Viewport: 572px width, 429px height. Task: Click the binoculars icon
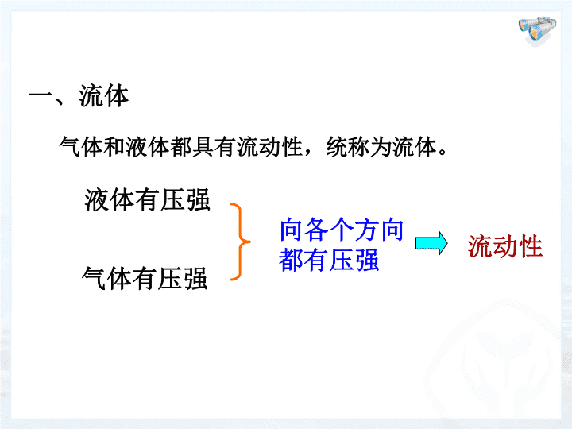coord(537,30)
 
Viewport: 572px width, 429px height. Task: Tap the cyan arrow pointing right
coord(431,243)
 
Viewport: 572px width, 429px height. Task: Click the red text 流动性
coord(505,247)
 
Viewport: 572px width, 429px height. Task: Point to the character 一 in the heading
coord(41,97)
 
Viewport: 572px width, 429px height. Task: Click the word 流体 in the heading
coord(104,96)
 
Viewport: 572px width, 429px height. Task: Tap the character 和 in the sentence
coord(114,147)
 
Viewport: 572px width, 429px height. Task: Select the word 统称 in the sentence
coord(348,147)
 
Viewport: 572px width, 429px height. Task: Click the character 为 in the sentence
coord(381,147)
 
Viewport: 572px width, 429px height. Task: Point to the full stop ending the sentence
coord(443,153)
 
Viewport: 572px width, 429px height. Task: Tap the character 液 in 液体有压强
coord(97,200)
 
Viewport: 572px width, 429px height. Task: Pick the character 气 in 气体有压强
coord(94,278)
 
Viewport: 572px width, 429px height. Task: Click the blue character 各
coord(317,230)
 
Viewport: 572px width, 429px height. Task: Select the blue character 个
coord(342,230)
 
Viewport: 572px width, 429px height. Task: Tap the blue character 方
coord(366,230)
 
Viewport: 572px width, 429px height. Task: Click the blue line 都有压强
coord(329,260)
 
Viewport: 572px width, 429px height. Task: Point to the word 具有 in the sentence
coord(203,147)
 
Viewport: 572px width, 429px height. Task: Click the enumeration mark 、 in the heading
coord(60,100)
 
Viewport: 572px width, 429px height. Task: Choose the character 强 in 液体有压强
coord(198,200)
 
